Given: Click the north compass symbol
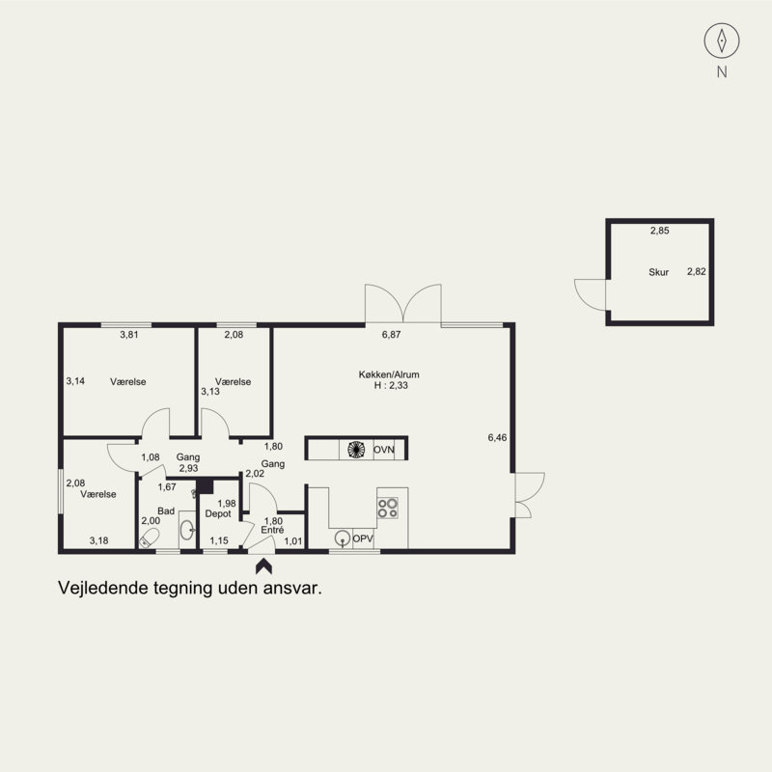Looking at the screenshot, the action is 721,41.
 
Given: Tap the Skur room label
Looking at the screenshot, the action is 658,272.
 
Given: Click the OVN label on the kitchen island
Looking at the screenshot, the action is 383,450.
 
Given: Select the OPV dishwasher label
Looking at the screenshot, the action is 363,538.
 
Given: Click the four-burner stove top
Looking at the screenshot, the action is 388,509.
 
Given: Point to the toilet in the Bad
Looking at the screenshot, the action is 150,538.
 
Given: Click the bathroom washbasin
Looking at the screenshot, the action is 187,530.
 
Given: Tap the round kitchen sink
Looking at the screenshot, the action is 343,538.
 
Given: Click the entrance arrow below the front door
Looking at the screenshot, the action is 263,565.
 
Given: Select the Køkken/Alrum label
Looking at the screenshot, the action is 389,374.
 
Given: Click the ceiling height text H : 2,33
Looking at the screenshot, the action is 391,385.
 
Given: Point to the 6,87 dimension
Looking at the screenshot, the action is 392,335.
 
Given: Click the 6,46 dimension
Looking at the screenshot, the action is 497,437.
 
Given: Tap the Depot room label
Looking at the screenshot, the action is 218,514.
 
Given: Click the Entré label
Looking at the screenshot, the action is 272,530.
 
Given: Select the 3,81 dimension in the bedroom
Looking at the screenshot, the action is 129,335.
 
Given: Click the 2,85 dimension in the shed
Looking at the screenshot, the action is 660,231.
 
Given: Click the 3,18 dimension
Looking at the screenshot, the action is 99,540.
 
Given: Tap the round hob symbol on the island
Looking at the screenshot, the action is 356,450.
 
